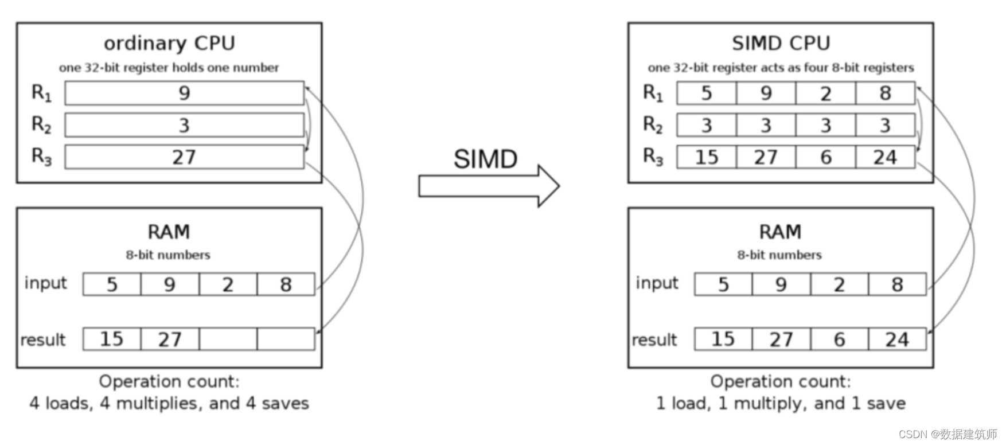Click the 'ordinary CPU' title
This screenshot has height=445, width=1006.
[169, 44]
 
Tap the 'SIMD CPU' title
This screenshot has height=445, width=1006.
[781, 44]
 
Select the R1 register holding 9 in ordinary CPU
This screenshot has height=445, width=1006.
[184, 93]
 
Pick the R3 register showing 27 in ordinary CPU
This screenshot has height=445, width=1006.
[184, 157]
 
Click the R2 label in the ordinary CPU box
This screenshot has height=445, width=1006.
[41, 124]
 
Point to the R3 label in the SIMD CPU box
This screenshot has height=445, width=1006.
[653, 157]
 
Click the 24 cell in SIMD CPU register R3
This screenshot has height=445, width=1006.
[884, 157]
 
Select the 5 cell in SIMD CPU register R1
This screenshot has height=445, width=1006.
[706, 93]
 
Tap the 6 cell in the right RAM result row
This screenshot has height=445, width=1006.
[839, 339]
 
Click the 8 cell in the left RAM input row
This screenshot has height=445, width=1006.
[286, 284]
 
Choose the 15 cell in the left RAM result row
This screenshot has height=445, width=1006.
[111, 339]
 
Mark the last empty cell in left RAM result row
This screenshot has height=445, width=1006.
[286, 339]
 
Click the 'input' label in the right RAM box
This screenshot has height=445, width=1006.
[657, 283]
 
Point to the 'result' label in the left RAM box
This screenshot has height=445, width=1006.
[43, 339]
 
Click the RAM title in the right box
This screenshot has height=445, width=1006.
[780, 232]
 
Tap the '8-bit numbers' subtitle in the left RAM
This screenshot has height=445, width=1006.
[168, 255]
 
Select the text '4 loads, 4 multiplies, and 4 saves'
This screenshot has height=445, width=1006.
[169, 403]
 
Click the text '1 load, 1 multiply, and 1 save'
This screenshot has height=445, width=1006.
[781, 403]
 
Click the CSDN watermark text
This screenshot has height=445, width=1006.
[947, 434]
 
